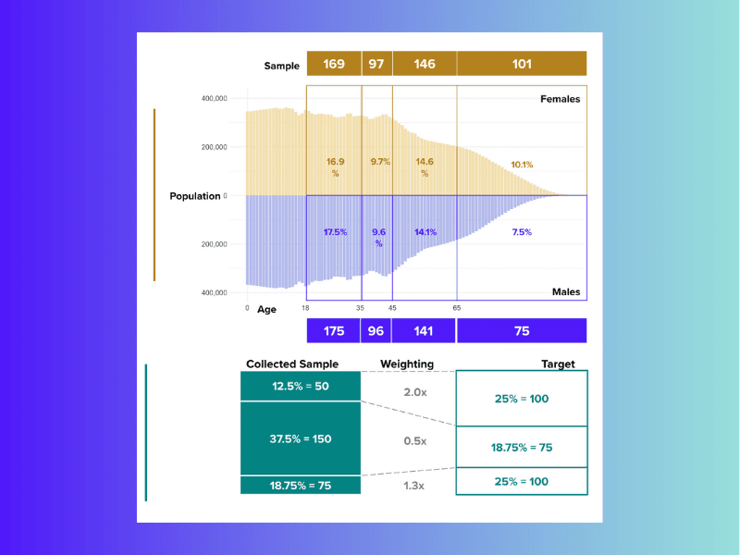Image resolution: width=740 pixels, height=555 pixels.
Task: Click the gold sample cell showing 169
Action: [x=333, y=64]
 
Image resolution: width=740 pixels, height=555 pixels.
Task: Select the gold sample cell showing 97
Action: [x=376, y=64]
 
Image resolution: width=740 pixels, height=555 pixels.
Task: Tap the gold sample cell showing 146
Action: [x=424, y=64]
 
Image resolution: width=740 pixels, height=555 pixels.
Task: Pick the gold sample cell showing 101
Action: [x=522, y=64]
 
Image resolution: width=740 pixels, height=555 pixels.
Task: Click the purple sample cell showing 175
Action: [x=333, y=331]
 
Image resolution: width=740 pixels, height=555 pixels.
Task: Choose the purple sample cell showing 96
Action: [x=376, y=331]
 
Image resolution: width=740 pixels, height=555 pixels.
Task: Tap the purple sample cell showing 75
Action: [x=522, y=331]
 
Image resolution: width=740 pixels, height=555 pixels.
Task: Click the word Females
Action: [x=560, y=99]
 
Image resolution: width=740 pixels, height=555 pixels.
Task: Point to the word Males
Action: [x=565, y=292]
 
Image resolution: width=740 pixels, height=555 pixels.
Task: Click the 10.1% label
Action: [x=522, y=165]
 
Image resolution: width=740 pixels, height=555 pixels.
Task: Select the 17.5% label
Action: [x=335, y=232]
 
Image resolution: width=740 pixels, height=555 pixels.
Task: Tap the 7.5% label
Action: [x=522, y=232]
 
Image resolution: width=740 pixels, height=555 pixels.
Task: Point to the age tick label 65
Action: [x=457, y=308]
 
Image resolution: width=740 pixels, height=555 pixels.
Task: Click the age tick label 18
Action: [x=305, y=308]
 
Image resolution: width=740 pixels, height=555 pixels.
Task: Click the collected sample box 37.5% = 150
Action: [x=299, y=439]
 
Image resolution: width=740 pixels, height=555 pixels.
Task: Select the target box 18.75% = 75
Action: [x=522, y=447]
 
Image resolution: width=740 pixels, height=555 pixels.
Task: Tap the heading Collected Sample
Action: [x=292, y=364]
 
